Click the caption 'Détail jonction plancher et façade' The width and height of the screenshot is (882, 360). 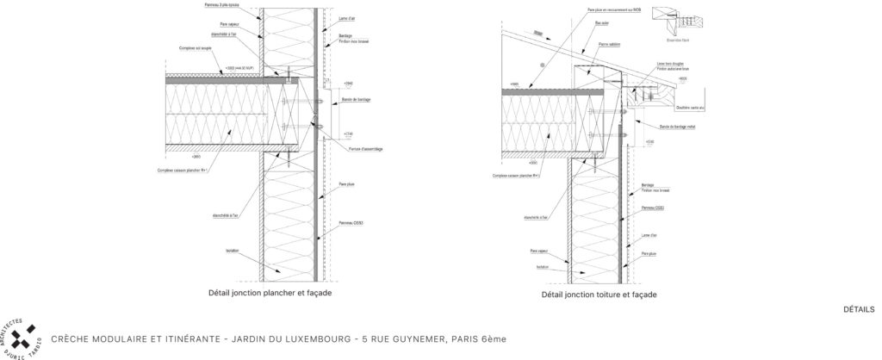pos(270,293)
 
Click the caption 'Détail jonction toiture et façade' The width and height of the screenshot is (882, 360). pos(599,295)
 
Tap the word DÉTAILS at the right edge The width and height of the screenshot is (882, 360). pos(859,310)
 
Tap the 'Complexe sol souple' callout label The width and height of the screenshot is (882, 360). pos(195,48)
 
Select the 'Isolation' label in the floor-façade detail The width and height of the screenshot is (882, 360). pos(232,251)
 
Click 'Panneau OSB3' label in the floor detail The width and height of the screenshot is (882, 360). pos(351,223)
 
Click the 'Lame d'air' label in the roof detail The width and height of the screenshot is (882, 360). pos(649,233)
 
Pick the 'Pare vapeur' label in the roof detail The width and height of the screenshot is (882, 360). pos(540,252)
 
